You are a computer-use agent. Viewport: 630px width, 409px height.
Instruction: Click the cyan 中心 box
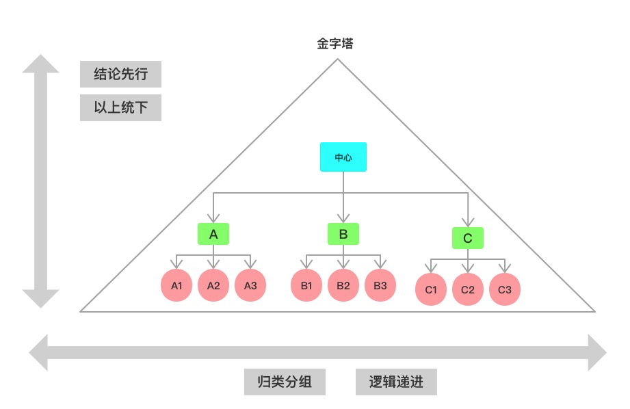[343, 157]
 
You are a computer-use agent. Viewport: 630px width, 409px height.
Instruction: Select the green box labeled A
[213, 234]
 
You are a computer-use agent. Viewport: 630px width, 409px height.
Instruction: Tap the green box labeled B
[343, 234]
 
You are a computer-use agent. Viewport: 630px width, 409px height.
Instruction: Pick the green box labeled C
[468, 238]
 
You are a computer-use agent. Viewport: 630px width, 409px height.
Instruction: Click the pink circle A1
[176, 285]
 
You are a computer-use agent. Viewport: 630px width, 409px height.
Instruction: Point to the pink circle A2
[213, 285]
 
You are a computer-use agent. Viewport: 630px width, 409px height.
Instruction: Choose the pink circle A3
[250, 285]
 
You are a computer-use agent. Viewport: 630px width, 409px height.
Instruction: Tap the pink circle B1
[306, 285]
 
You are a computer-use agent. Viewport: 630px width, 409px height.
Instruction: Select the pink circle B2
[343, 285]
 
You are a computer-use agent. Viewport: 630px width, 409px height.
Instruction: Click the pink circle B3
[380, 285]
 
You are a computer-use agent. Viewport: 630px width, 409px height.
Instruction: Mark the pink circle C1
[431, 289]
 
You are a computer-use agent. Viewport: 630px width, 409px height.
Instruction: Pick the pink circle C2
[468, 289]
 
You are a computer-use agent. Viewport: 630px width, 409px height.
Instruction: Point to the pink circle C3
[505, 289]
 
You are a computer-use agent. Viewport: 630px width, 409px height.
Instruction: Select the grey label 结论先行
[120, 75]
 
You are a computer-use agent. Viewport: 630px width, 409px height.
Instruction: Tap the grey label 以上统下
[120, 107]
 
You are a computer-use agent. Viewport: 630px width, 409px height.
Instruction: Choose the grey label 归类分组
[285, 382]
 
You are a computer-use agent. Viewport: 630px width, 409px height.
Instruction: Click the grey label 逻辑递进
[396, 382]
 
